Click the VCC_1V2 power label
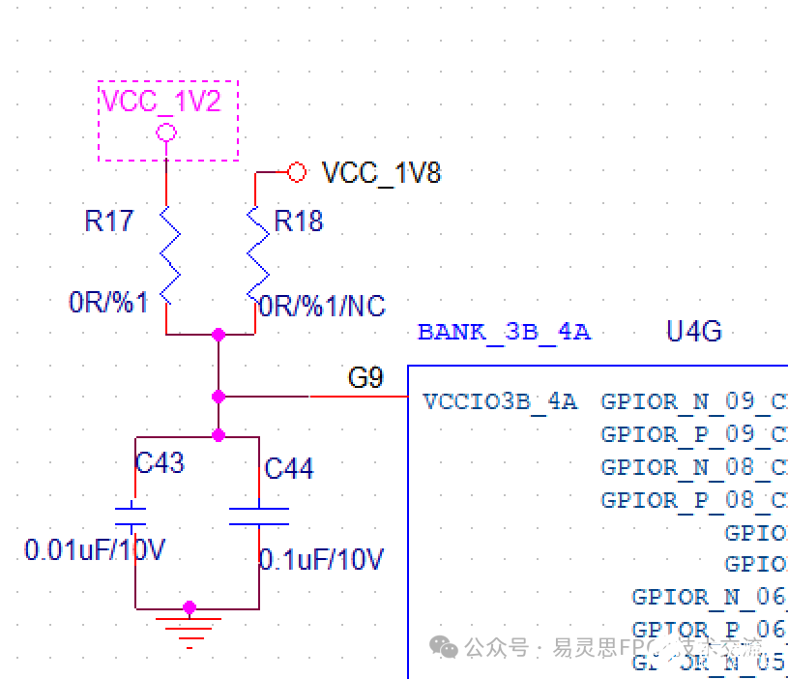coord(161,102)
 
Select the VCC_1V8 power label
coord(381,173)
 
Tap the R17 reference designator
coord(108,221)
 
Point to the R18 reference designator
coord(299,221)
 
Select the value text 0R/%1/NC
coord(322,307)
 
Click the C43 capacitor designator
coord(160,463)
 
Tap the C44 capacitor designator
coord(289,469)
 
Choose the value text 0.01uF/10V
coord(95,550)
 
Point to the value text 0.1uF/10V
coord(321,559)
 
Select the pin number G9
coord(365,378)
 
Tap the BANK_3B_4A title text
coord(504,333)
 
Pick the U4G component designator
coord(693,332)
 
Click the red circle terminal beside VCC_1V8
coord(297,172)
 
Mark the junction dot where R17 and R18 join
coord(219,335)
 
